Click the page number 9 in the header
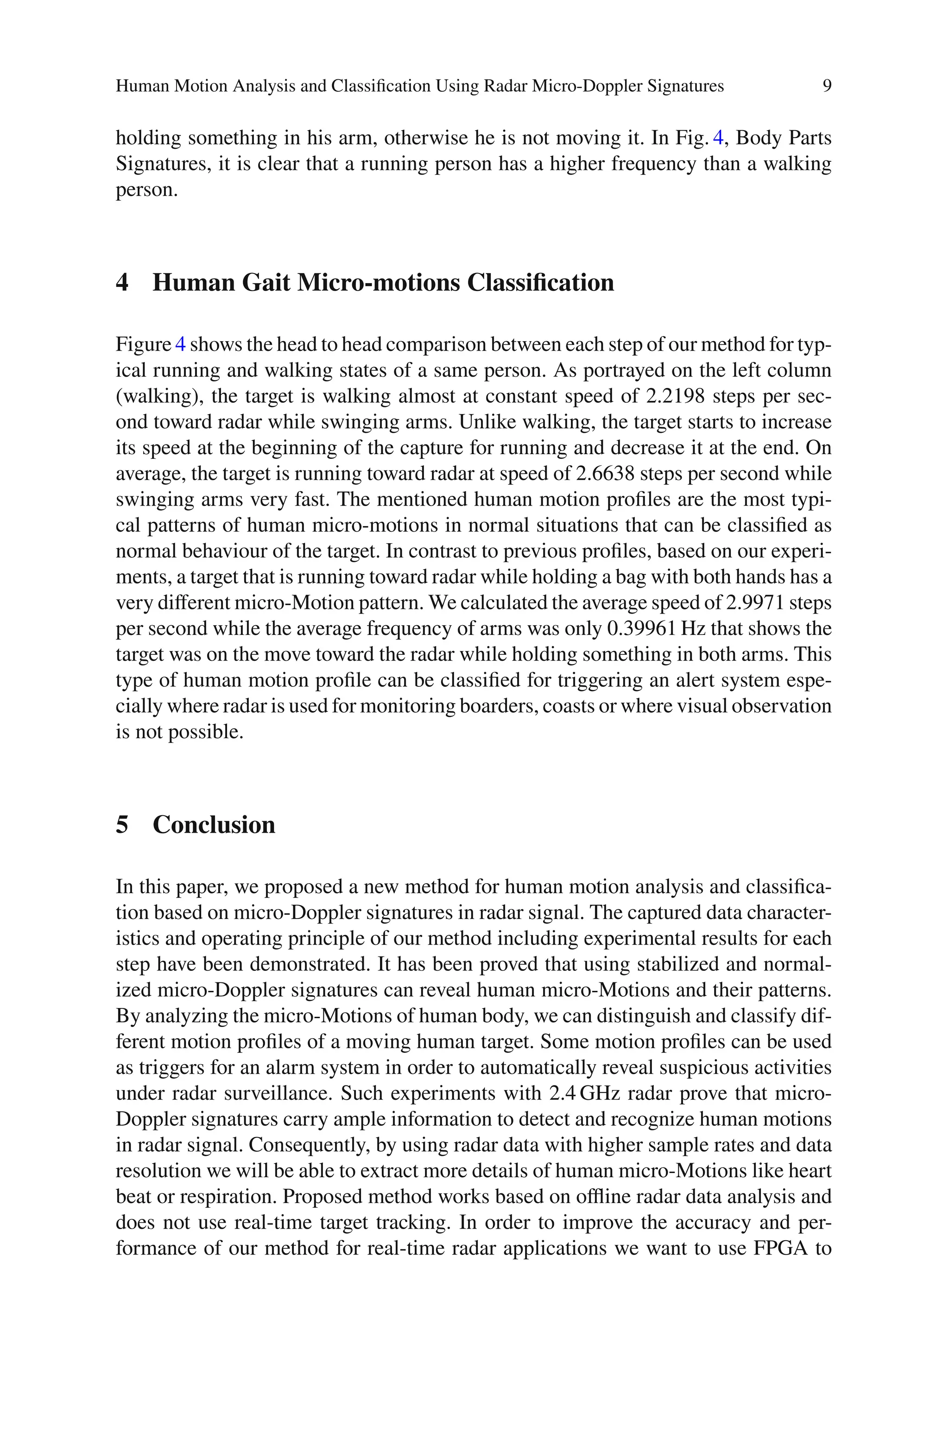point(827,86)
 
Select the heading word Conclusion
point(214,825)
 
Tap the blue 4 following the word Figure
point(180,345)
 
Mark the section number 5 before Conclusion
point(122,825)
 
